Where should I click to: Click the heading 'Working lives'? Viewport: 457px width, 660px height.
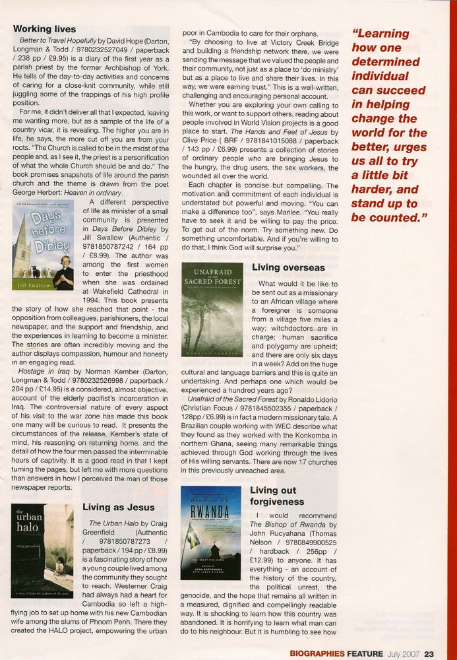44,29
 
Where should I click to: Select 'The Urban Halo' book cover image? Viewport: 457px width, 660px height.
42,550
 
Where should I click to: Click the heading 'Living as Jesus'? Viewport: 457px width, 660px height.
119,507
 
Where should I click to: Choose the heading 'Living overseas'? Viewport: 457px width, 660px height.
288,267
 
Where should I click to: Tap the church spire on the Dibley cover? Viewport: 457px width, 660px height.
24,238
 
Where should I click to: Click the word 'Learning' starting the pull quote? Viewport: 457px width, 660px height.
381,33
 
